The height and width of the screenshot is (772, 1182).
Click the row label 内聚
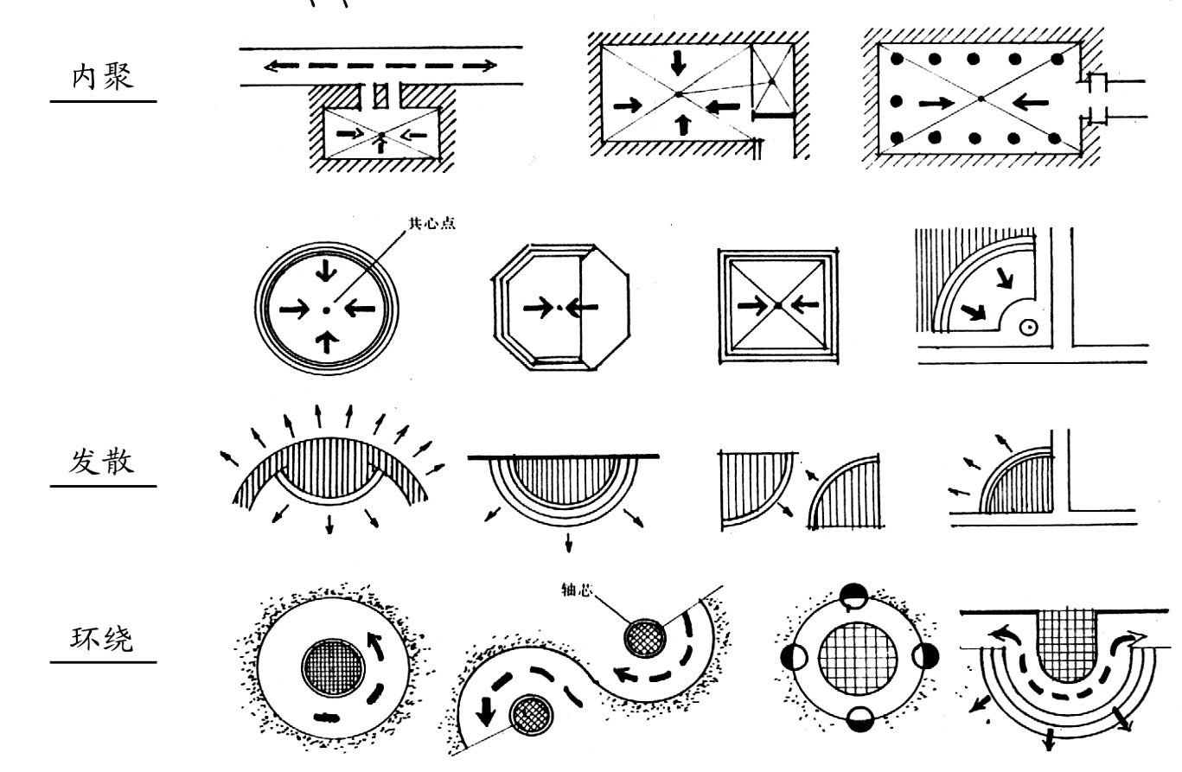click(x=102, y=77)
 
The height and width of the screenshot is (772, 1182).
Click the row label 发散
click(x=102, y=461)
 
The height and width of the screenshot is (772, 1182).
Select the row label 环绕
click(x=102, y=638)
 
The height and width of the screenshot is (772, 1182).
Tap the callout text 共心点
click(x=432, y=223)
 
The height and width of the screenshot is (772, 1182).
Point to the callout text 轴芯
click(x=576, y=590)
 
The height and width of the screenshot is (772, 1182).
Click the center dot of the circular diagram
click(x=326, y=310)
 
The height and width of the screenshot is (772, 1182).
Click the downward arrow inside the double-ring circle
click(x=326, y=271)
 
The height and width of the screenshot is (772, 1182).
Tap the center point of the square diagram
click(x=778, y=305)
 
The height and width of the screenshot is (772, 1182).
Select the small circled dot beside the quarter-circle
click(x=1028, y=328)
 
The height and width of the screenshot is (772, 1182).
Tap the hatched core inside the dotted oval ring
click(x=333, y=668)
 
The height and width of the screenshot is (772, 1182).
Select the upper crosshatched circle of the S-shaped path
click(x=644, y=639)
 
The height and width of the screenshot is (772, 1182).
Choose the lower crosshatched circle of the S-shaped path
click(x=532, y=715)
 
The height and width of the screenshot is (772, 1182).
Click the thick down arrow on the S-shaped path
click(x=485, y=711)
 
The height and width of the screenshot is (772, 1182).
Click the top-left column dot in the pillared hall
click(x=897, y=59)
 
